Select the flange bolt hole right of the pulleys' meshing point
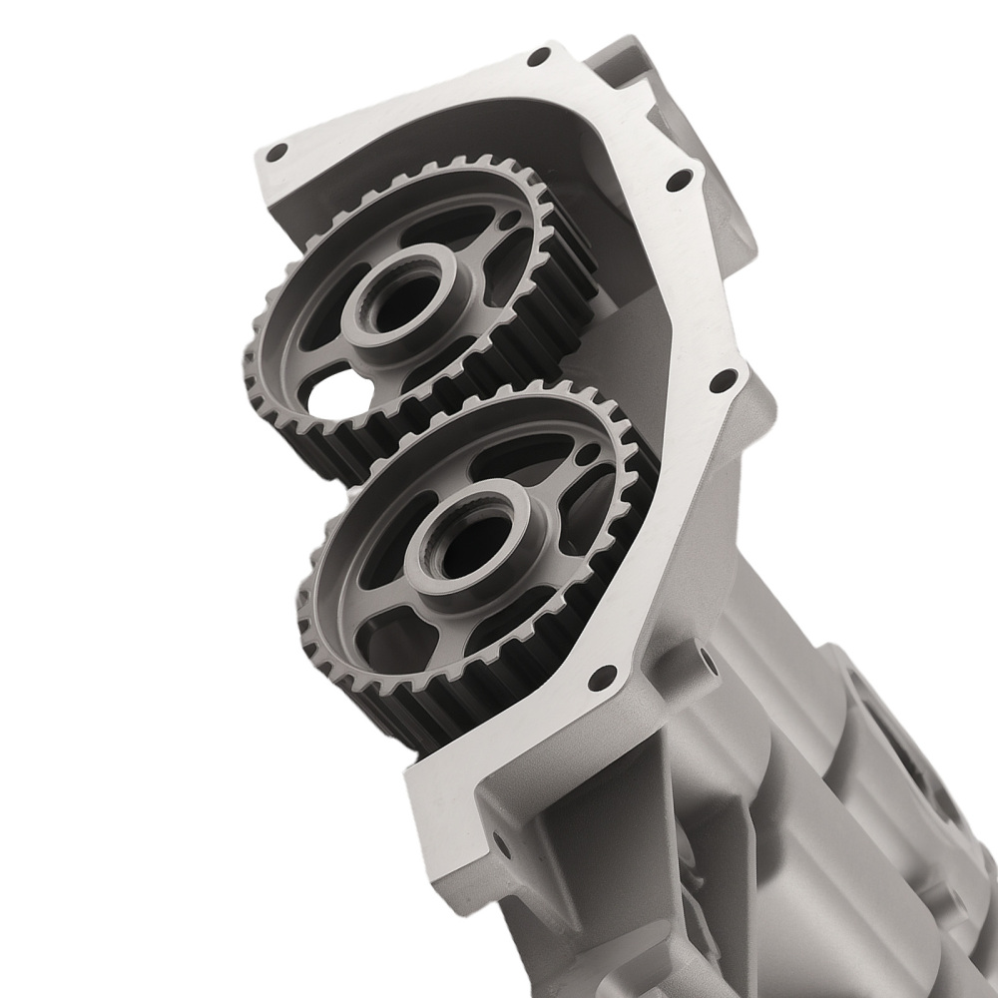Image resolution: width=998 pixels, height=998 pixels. (718, 381)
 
